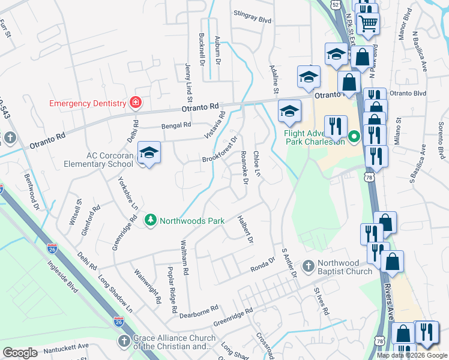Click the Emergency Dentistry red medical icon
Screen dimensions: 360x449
tap(136, 103)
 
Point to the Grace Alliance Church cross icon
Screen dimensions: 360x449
tap(124, 342)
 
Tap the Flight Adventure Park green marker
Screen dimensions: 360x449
tap(354, 137)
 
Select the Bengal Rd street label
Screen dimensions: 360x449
tap(176, 125)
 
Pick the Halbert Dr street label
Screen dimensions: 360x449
tap(246, 230)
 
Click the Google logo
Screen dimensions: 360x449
tap(20, 353)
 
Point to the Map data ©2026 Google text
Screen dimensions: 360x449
tap(411, 355)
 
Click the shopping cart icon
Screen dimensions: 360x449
tap(368, 23)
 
